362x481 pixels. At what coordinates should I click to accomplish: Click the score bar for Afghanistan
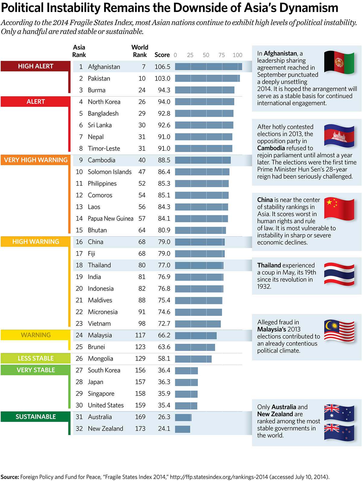pos(208,67)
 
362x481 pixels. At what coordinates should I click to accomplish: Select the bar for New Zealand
pos(183,429)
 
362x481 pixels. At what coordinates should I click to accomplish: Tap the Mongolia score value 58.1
pos(164,359)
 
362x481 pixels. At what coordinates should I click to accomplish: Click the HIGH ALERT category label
pos(36,66)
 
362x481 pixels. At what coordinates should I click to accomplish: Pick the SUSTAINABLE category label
pos(36,417)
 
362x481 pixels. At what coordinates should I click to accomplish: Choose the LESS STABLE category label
pos(36,358)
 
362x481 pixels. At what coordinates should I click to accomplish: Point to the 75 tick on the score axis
pos(222,55)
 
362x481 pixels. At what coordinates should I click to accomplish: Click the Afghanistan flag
pos(339,62)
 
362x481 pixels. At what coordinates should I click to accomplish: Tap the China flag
pos(339,209)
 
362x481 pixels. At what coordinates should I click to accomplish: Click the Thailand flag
pos(339,274)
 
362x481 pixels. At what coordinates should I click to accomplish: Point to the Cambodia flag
pos(339,136)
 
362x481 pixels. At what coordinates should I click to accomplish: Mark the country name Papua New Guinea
pos(110,218)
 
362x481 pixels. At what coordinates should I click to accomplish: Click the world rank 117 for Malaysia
pos(140,335)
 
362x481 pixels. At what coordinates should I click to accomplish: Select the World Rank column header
pos(140,51)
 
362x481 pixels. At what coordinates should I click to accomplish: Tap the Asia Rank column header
pos(79,51)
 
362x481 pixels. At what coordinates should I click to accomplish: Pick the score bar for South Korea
pos(186,370)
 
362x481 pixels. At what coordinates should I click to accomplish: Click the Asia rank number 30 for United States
pos(79,405)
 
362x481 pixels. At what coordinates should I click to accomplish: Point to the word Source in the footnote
pos(10,477)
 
